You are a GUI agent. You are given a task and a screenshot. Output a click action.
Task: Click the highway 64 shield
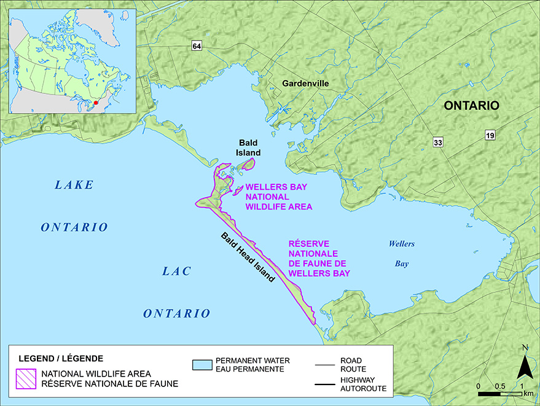196,47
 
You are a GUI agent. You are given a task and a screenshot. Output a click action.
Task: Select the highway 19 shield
491,135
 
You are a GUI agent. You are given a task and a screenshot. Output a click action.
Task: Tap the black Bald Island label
249,147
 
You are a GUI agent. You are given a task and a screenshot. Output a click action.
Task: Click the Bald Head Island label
247,257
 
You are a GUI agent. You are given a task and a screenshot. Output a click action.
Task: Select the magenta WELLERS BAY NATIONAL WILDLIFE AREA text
278,197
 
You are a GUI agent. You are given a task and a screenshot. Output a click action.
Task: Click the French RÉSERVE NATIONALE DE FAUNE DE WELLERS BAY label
319,259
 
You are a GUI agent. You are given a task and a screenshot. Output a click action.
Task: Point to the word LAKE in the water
74,184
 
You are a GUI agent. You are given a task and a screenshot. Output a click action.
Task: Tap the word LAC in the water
177,270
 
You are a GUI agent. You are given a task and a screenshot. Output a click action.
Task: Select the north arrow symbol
523,367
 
